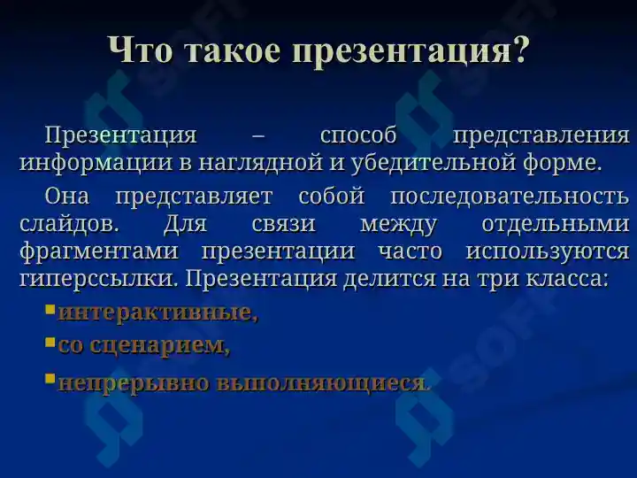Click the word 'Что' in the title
point(140,50)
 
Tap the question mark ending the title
point(519,50)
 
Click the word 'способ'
point(358,135)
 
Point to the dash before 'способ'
point(258,136)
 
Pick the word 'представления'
point(541,136)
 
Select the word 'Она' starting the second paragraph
point(67,196)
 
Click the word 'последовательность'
point(510,197)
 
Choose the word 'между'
point(398,224)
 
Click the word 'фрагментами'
point(99,251)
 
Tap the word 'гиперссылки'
point(97,280)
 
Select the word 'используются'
point(548,252)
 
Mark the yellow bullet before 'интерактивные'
point(50,310)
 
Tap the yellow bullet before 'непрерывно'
point(50,379)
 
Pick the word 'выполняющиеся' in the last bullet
point(320,383)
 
